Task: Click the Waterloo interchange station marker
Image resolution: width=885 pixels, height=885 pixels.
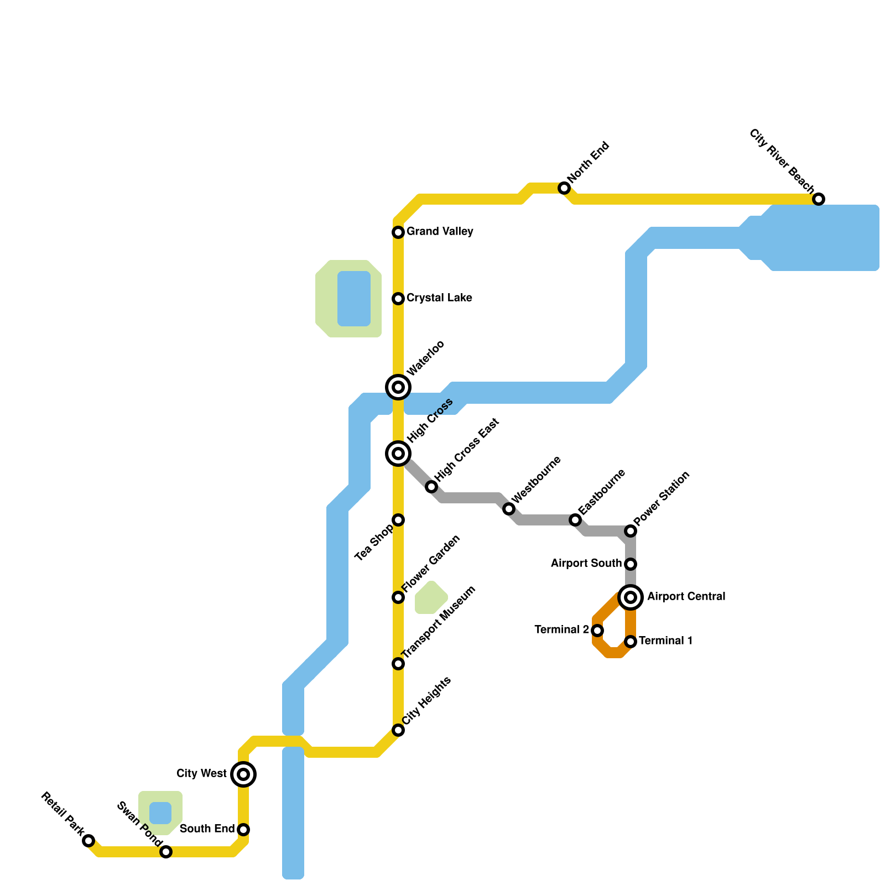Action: (x=398, y=387)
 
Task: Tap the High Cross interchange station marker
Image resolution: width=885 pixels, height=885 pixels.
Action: (x=398, y=454)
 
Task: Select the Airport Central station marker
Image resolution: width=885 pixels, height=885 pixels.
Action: (x=631, y=597)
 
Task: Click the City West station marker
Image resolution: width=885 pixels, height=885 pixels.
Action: (x=243, y=774)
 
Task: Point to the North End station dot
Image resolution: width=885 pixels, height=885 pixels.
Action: (x=564, y=188)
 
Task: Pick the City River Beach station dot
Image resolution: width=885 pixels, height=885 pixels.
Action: (x=819, y=199)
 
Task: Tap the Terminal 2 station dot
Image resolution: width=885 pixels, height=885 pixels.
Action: (x=597, y=631)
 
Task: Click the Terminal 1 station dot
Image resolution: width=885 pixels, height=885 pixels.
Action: (x=631, y=642)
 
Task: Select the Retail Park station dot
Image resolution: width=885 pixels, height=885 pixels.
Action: (x=88, y=841)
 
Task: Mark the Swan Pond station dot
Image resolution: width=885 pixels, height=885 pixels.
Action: (x=166, y=852)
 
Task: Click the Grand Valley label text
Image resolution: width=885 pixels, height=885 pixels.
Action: (x=440, y=231)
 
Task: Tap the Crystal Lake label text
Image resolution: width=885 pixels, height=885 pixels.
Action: (x=439, y=298)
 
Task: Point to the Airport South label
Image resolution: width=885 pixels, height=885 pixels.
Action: (x=586, y=563)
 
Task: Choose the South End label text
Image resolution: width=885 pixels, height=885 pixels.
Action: (x=207, y=829)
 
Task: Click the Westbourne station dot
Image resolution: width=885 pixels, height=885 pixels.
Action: (x=509, y=509)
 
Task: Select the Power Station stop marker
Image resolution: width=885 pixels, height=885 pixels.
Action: (x=631, y=531)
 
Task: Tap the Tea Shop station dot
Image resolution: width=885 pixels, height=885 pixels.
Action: (x=398, y=520)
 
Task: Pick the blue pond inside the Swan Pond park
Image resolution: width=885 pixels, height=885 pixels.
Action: (x=160, y=813)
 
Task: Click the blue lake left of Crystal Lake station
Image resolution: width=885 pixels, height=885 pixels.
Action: (x=354, y=299)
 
